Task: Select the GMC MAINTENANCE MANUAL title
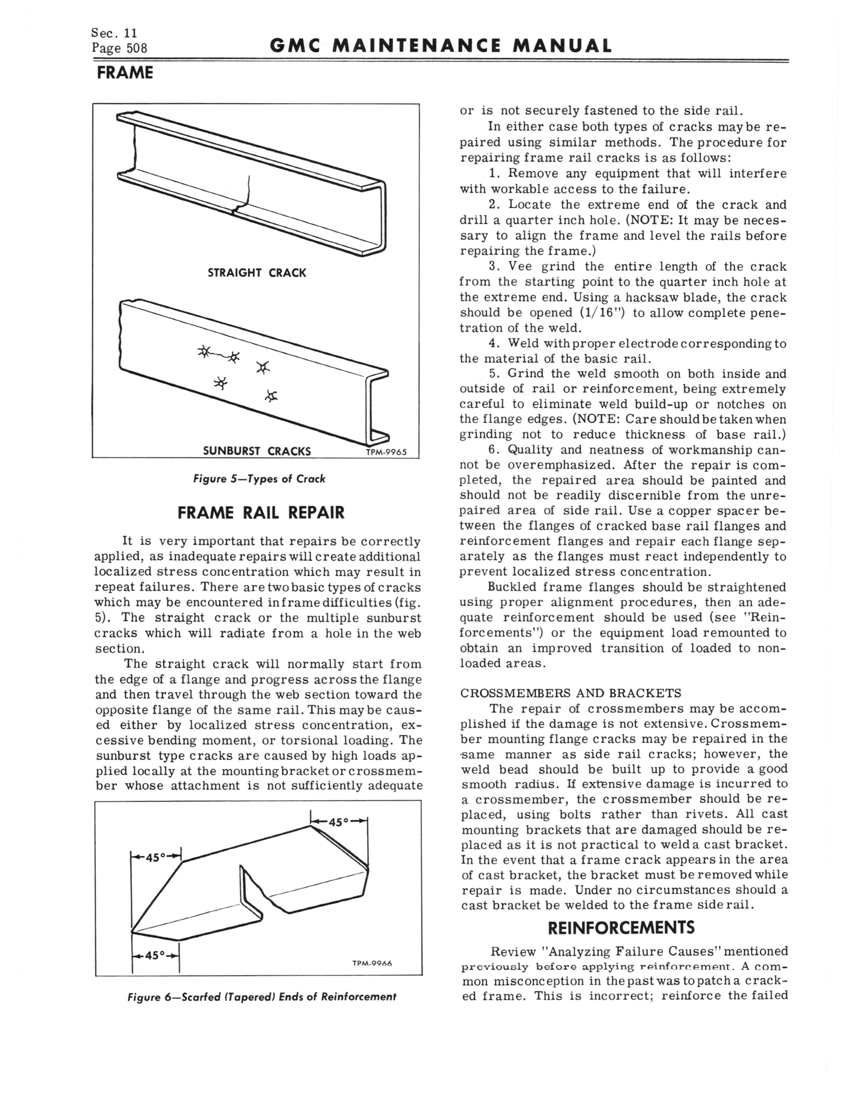[x=441, y=46]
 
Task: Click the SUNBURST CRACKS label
[x=256, y=451]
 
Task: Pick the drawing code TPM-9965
[x=386, y=452]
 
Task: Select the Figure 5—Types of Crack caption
[x=259, y=479]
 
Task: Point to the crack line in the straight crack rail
[x=247, y=192]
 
